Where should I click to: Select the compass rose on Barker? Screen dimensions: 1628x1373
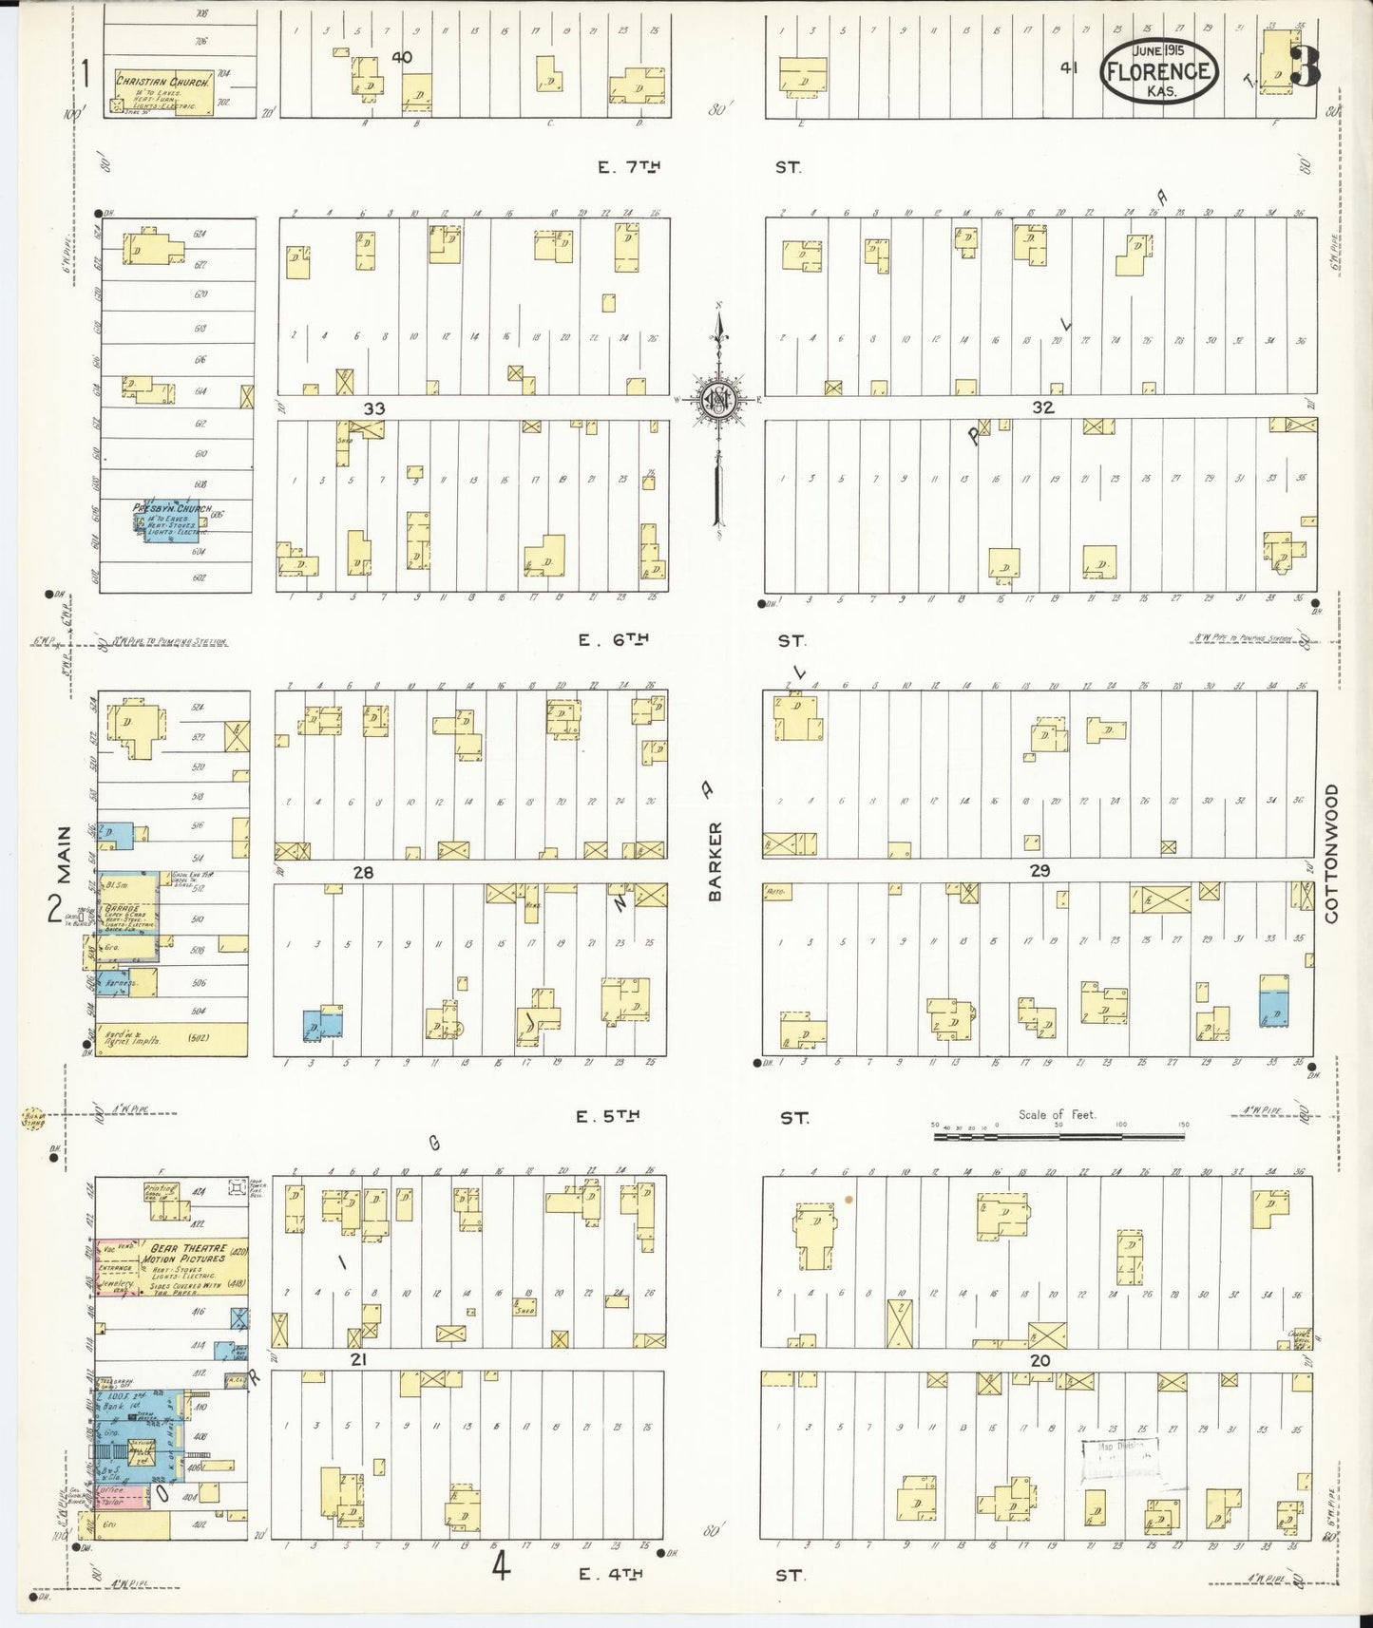718,403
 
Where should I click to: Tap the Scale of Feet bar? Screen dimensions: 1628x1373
1059,1134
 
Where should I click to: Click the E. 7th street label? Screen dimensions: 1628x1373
628,167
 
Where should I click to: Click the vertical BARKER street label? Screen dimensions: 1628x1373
715,861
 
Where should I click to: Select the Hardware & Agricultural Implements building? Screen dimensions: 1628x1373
171,1038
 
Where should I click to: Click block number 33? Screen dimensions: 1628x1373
374,409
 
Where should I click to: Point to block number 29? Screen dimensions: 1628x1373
1039,870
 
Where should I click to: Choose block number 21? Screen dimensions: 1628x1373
358,1359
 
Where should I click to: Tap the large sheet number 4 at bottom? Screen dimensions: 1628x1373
500,1566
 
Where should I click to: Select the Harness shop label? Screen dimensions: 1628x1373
121,983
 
